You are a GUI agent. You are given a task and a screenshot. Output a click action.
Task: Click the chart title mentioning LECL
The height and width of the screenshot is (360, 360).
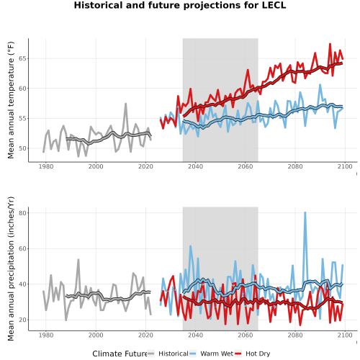(180, 5)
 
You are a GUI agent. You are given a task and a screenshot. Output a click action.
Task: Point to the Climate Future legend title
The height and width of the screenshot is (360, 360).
(120, 354)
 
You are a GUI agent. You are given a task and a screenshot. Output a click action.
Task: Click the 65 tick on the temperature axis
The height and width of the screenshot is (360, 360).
(22, 58)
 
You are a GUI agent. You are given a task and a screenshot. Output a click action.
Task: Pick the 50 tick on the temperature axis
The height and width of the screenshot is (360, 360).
(22, 148)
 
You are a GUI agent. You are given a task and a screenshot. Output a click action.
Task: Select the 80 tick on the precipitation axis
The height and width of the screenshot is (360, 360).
(22, 213)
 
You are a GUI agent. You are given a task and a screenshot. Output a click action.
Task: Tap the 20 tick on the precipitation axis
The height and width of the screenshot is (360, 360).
(22, 320)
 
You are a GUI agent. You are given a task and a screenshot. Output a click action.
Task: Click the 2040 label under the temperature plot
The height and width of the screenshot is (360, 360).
(195, 166)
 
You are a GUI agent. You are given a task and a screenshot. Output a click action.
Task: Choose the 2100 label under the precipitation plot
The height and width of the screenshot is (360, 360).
(345, 335)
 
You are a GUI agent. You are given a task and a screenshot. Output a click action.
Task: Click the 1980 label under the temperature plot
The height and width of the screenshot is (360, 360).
(46, 166)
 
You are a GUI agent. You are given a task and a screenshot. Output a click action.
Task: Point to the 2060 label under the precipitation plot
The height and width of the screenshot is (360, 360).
(246, 335)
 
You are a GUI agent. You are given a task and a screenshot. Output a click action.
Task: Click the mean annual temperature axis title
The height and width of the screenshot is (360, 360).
(11, 100)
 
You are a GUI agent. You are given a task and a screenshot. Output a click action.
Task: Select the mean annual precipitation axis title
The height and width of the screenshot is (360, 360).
(11, 269)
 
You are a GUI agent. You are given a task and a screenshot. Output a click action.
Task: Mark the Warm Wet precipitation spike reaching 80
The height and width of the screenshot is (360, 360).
(305, 213)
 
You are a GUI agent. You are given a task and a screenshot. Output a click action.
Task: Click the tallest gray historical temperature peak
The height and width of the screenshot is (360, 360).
(125, 104)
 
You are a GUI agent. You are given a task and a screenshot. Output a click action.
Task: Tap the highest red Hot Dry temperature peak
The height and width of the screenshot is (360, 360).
(330, 44)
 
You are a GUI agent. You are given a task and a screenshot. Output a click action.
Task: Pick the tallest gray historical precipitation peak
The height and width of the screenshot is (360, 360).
(78, 260)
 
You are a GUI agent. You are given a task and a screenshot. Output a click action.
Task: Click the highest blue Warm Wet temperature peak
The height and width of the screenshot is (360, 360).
(320, 85)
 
